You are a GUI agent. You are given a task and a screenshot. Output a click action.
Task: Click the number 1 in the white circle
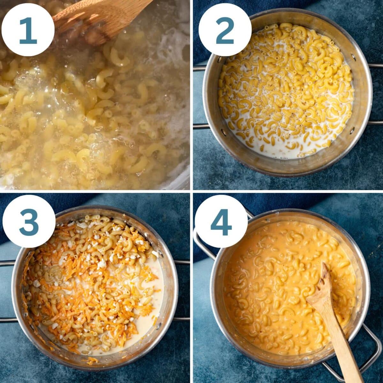pyautogui.click(x=28, y=30)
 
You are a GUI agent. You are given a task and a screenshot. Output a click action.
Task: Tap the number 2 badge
pyautogui.click(x=225, y=31)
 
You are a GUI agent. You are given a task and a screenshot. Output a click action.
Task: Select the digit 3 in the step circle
pyautogui.click(x=29, y=222)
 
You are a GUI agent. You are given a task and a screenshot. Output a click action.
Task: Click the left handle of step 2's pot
pyautogui.click(x=199, y=96)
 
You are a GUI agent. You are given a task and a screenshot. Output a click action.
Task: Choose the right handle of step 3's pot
pyautogui.click(x=182, y=290)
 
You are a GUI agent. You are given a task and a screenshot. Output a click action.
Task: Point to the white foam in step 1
pyautogui.click(x=172, y=48)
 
